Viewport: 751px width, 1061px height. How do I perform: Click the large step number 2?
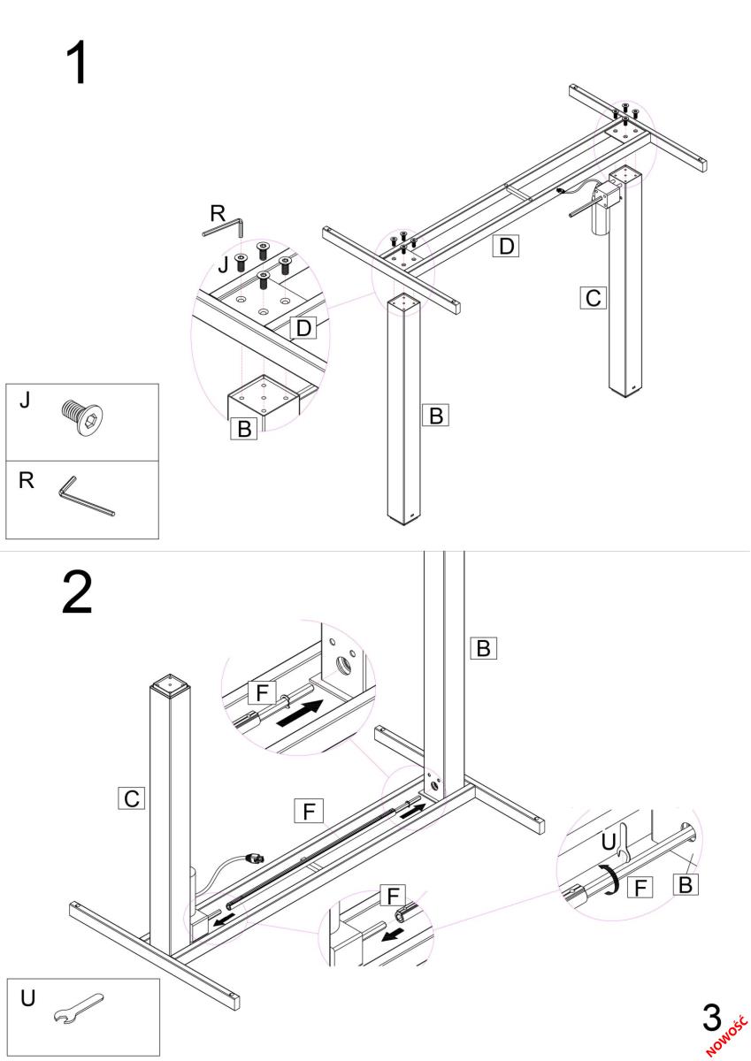click(x=77, y=593)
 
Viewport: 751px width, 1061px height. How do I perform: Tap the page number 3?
click(x=711, y=1018)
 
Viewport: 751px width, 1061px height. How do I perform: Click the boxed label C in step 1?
click(x=593, y=298)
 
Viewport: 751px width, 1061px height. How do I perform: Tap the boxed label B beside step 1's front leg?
click(x=434, y=415)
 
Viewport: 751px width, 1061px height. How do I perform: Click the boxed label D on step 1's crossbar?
click(x=505, y=246)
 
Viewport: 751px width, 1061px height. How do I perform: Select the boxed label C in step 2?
click(x=131, y=799)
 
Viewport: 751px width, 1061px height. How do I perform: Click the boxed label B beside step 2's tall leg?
click(x=483, y=648)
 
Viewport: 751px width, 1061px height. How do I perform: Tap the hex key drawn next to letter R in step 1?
click(x=222, y=228)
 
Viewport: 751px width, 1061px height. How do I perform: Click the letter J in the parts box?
click(x=25, y=400)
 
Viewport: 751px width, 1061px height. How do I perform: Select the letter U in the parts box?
click(x=28, y=998)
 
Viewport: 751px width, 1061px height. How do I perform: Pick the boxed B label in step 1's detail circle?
click(x=244, y=429)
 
